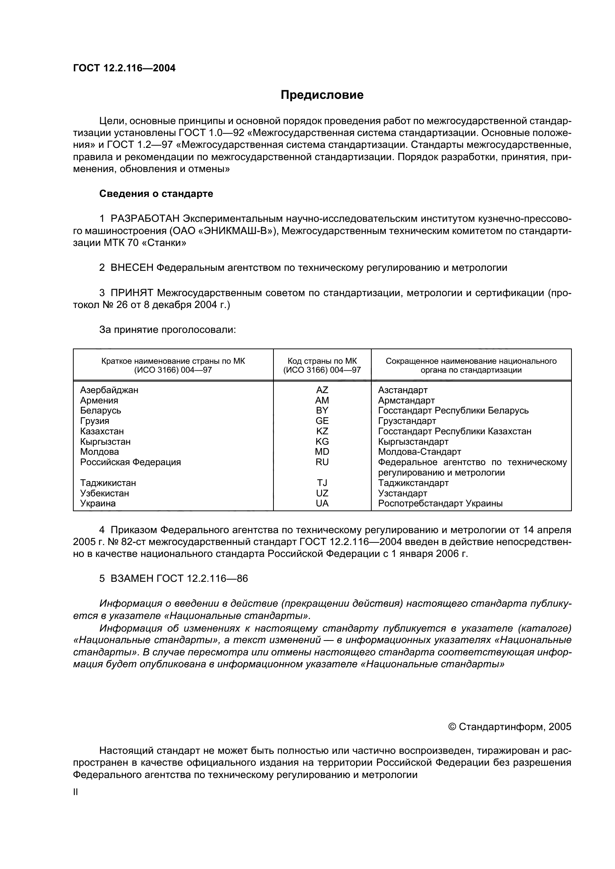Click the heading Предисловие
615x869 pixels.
click(322, 95)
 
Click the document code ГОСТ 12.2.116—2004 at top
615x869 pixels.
click(124, 68)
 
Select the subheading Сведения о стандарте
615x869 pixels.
click(156, 194)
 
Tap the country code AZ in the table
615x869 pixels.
click(322, 390)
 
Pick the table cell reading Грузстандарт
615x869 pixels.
click(407, 421)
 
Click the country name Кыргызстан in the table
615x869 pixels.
click(105, 442)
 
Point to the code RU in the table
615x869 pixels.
click(322, 462)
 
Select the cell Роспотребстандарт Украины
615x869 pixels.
click(440, 503)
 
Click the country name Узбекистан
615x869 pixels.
click(105, 493)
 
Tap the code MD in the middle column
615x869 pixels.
click(322, 452)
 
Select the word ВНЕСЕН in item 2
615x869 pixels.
click(132, 268)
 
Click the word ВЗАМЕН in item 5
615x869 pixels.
click(132, 579)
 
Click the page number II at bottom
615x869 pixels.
click(76, 792)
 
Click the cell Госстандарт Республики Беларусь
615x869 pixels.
click(453, 411)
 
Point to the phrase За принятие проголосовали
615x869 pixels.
click(167, 330)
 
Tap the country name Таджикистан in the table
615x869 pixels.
click(108, 483)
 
